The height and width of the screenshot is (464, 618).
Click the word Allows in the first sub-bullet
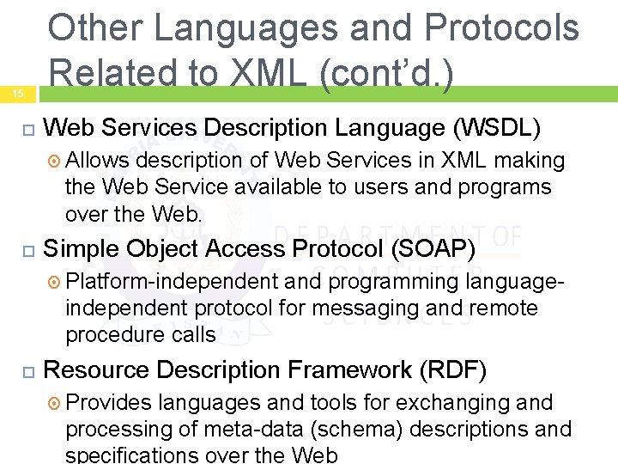point(96,161)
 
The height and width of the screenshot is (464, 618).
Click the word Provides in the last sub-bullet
point(108,402)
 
